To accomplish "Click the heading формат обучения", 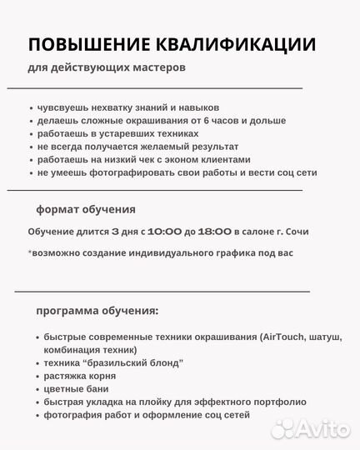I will coord(86,209).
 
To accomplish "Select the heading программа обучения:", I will coord(97,311).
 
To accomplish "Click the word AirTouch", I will coord(267,337).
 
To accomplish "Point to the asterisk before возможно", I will coord(30,251).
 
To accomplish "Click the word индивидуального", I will coord(172,252).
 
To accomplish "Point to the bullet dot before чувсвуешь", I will coord(31,108).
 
